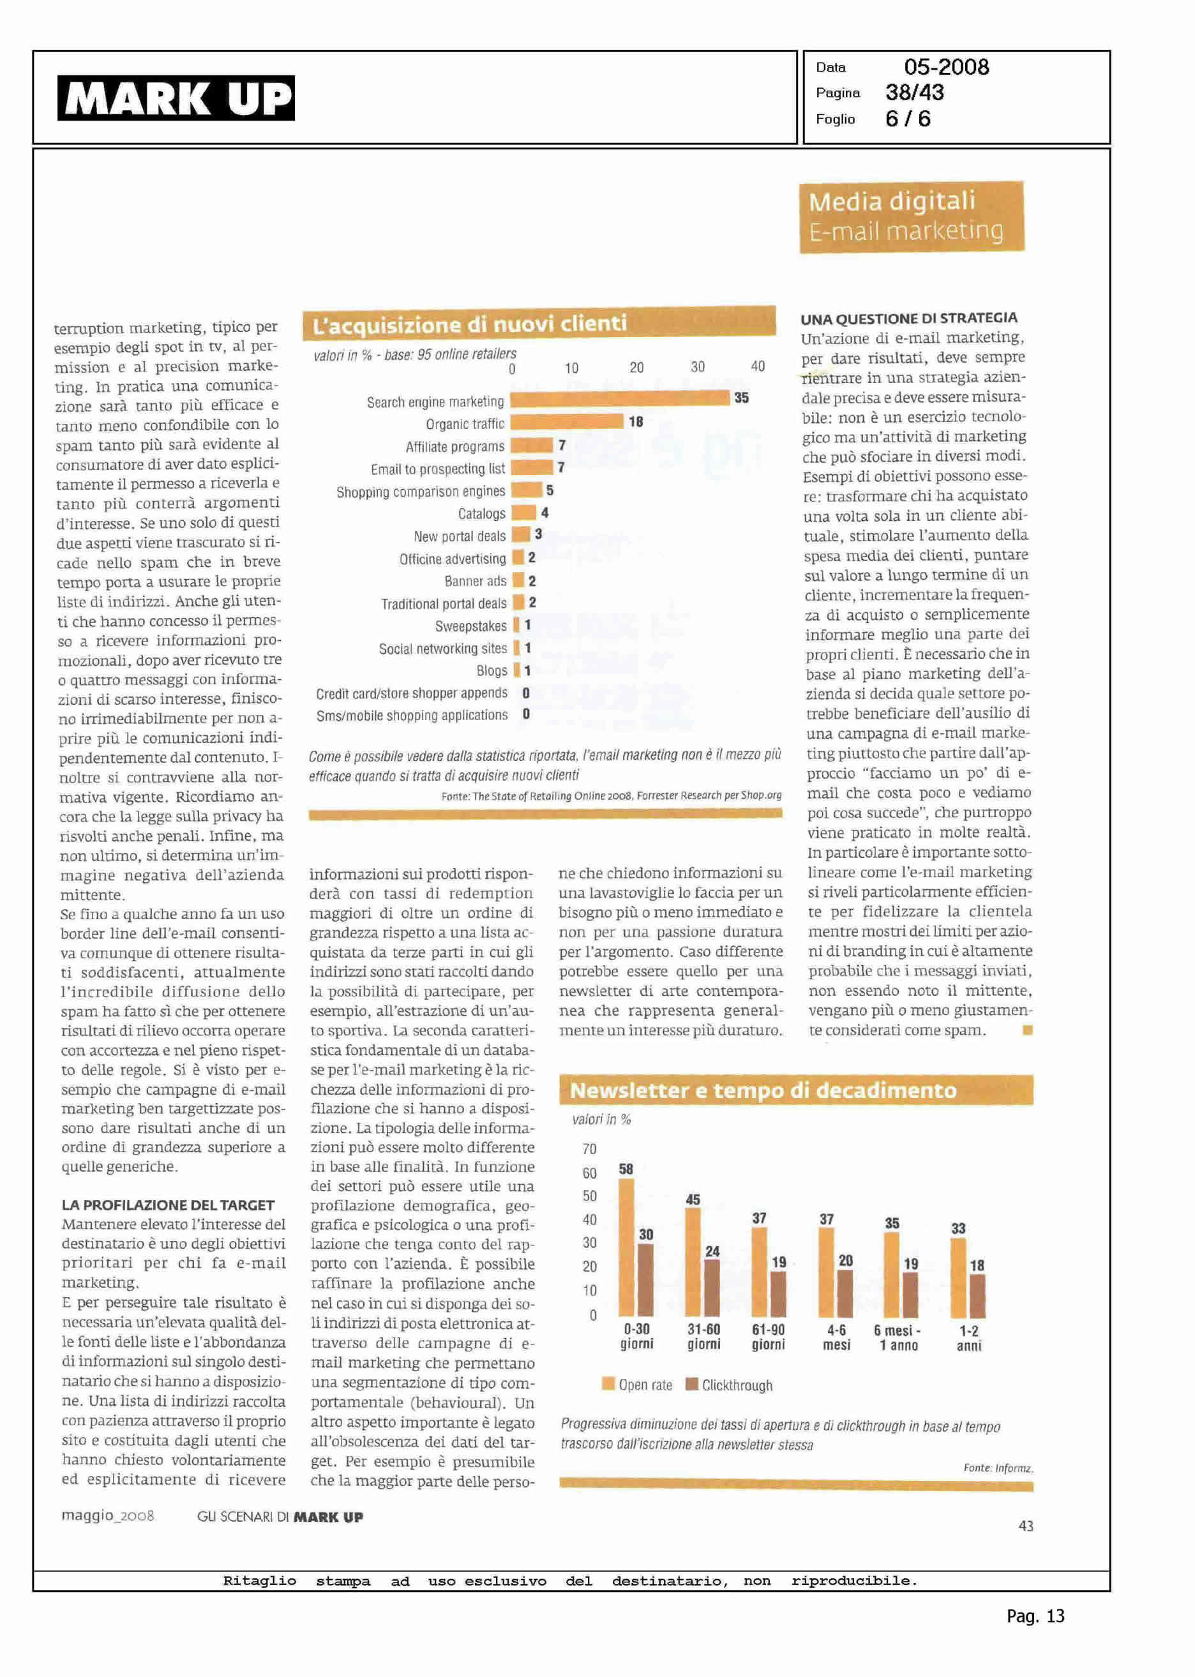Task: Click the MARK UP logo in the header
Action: pos(176,98)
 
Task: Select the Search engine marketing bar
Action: pos(620,398)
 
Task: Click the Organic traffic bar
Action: pos(567,421)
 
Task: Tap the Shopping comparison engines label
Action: pos(420,492)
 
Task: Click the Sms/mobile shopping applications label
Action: pos(412,715)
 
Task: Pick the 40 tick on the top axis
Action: pos(758,366)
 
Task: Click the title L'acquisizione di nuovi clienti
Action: pos(469,324)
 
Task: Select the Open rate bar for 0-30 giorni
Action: pos(626,1247)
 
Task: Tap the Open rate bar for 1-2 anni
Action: pos(958,1277)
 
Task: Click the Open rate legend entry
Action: pos(637,1385)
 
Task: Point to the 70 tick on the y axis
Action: pos(589,1148)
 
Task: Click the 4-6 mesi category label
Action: pos(837,1338)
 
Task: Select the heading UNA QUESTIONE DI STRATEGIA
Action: pos(909,319)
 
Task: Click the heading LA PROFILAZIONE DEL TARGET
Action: pos(168,1205)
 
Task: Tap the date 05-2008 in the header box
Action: pos(946,67)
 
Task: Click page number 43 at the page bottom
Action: pos(1026,1526)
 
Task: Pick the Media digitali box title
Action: pos(892,201)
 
